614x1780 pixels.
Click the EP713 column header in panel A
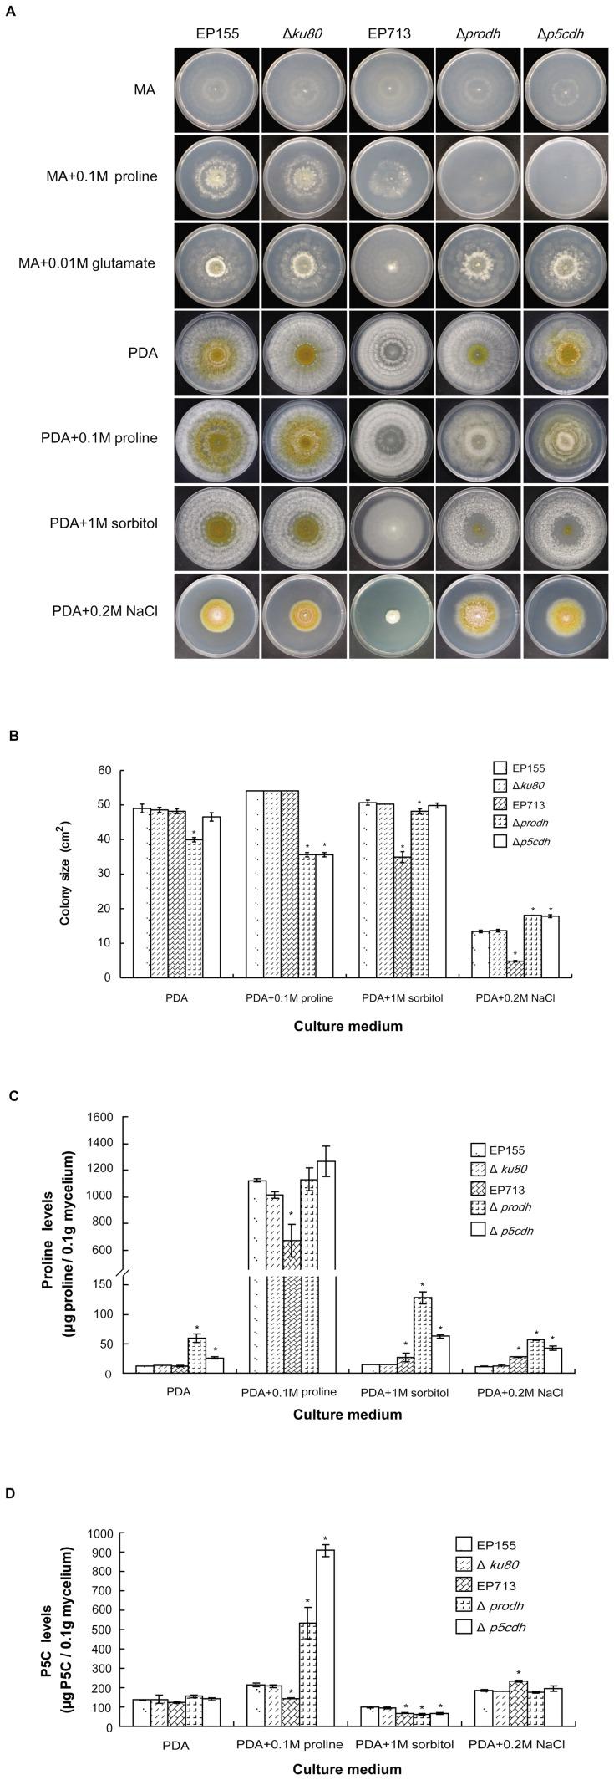(389, 34)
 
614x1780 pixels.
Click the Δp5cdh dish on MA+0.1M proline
(564, 178)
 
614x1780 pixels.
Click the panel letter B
(13, 736)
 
